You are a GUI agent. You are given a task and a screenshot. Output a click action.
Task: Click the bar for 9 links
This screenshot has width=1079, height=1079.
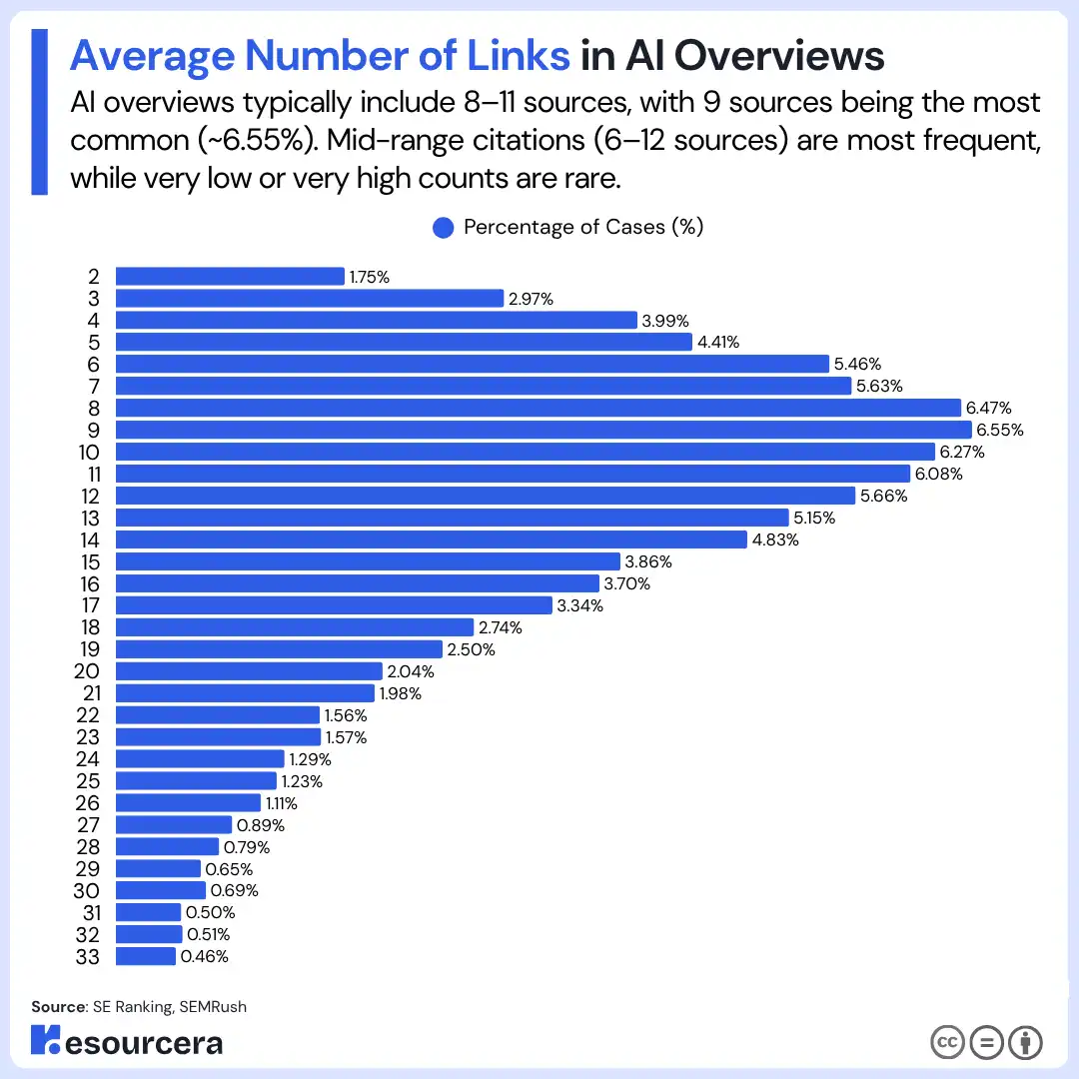tap(543, 430)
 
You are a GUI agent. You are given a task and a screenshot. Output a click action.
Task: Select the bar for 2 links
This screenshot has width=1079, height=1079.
tap(230, 277)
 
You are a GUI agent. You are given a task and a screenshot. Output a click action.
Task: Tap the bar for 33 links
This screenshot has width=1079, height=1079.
tap(146, 956)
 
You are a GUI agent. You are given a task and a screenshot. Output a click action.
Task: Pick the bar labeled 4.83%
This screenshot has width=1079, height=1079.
tap(432, 539)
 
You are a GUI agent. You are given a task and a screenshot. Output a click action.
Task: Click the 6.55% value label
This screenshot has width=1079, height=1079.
tap(1000, 430)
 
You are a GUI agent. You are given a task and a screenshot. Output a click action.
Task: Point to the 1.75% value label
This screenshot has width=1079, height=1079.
tap(369, 277)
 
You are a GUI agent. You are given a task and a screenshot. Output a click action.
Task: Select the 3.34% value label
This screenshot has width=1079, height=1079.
tap(580, 605)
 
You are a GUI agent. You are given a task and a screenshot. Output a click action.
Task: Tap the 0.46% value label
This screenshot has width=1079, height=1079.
tap(204, 956)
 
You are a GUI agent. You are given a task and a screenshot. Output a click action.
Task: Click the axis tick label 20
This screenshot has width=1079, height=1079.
tap(87, 671)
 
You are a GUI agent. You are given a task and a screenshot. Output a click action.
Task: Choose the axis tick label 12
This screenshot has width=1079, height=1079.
tap(89, 496)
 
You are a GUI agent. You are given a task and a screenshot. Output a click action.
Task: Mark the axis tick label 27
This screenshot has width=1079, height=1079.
tap(88, 824)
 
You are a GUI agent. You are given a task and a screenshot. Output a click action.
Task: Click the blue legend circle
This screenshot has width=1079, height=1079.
tap(444, 228)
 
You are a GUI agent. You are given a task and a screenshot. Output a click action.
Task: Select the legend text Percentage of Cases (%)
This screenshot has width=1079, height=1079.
tap(583, 228)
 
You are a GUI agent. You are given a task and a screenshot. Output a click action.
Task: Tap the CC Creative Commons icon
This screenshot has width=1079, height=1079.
tap(948, 1042)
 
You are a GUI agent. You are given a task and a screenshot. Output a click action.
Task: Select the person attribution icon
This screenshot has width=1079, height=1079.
tap(1025, 1042)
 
